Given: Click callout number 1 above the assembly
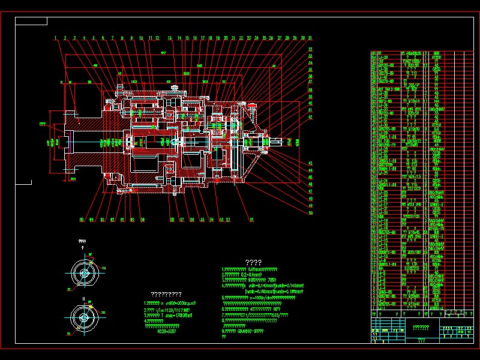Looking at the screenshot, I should pos(55,38).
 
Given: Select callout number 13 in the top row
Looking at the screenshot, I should pos(170,38).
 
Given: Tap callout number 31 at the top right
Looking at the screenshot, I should pos(310,38).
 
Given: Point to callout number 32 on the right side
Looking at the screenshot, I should pos(311,49).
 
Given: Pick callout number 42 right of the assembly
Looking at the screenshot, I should pos(311,117).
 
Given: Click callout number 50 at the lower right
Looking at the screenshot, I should pos(311,212).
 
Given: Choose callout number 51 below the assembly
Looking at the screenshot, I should pos(251,220).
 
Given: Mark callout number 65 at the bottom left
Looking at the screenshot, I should pos(81,220).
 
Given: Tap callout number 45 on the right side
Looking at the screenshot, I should pos(311,177).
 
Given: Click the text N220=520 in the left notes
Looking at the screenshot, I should pos(166,330).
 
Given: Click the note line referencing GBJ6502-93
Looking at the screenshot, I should pos(244,331).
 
